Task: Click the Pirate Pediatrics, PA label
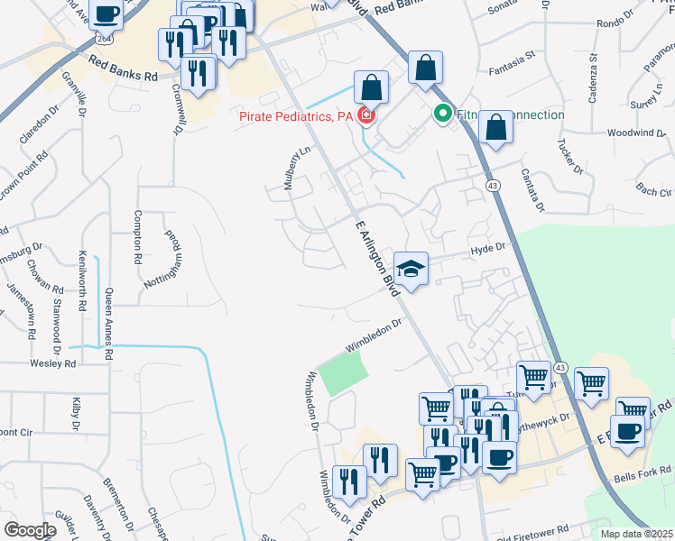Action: pos(296,116)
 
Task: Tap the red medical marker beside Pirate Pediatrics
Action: pos(366,116)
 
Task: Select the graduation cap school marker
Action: pos(411,269)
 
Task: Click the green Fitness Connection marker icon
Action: pos(442,115)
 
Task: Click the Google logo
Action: pos(30,530)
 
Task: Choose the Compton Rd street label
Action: pos(138,236)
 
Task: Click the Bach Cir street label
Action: pos(654,191)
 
